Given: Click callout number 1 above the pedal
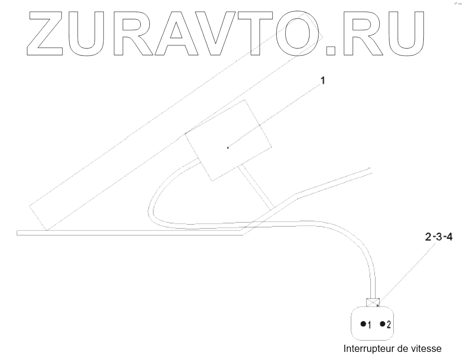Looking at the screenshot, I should (322, 81).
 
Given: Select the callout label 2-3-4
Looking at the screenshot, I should (439, 238).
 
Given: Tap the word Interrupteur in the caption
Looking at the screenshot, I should (368, 349).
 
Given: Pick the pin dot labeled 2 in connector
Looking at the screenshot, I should (382, 324).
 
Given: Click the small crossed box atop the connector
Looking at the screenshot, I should (372, 302).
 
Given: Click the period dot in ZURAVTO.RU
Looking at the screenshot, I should (332, 50).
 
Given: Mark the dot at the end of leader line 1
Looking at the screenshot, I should (228, 147).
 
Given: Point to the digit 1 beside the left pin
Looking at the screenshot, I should (369, 324).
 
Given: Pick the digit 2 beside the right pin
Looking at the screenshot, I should (389, 324).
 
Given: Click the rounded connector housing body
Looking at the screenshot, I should (373, 332).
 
